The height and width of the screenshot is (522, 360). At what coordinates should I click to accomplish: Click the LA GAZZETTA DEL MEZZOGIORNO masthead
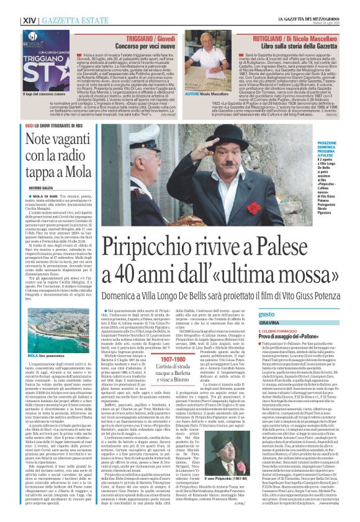coord(313,4)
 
